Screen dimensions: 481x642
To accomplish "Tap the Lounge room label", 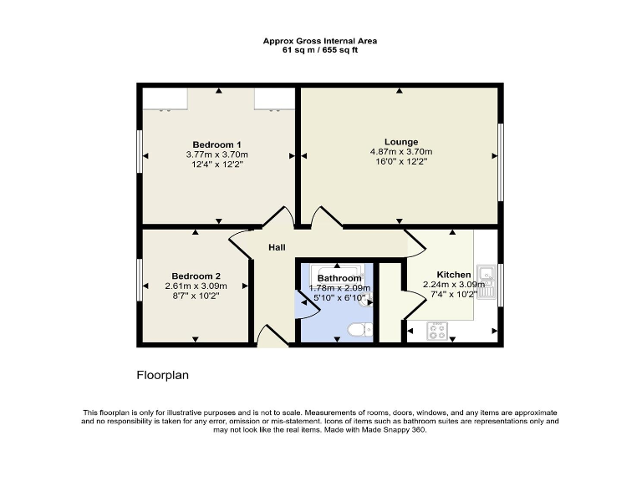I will (401, 141).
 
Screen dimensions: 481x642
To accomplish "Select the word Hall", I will (277, 248).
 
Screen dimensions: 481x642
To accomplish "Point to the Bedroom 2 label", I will (196, 276).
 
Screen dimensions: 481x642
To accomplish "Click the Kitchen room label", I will (454, 275).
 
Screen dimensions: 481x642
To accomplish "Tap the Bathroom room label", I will (339, 278).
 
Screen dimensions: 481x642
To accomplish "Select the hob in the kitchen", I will (437, 331).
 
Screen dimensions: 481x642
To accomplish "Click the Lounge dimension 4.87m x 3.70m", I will (401, 152).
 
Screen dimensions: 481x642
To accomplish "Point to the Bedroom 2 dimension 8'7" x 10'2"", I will (196, 296).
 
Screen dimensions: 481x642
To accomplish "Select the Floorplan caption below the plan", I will (162, 375).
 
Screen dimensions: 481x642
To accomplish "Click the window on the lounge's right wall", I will (501, 163).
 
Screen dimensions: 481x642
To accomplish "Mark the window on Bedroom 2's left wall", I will (140, 286).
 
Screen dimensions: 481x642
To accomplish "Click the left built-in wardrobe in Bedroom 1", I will (165, 99).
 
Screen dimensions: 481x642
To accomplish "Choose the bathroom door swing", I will (308, 307).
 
